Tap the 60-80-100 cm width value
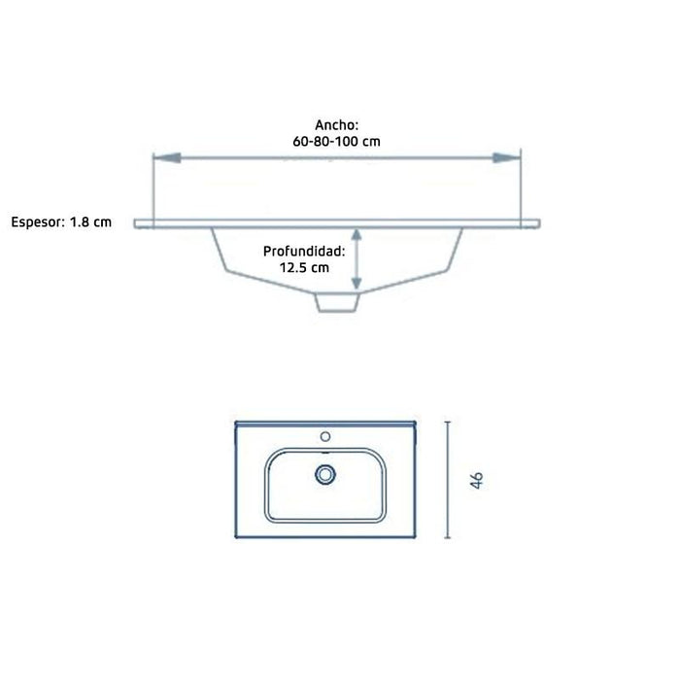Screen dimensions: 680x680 pos(336,142)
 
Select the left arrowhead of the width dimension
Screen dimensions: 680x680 pos(167,157)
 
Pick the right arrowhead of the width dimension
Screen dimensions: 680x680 pos(506,157)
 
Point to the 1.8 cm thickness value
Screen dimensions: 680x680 pos(90,222)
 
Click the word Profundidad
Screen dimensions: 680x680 pos(303,252)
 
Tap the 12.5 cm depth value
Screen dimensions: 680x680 pos(304,267)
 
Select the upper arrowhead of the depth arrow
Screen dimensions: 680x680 pos(357,235)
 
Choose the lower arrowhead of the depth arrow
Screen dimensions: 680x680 pos(357,284)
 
